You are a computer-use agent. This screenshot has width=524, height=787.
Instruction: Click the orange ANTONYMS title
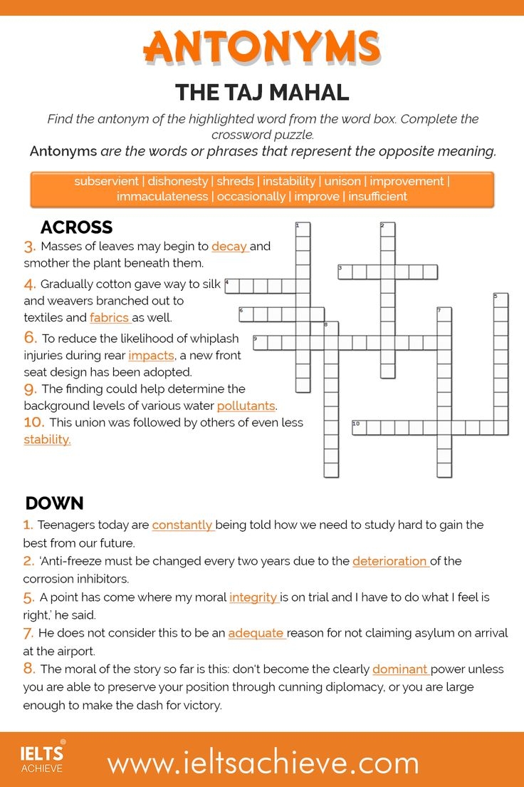click(262, 47)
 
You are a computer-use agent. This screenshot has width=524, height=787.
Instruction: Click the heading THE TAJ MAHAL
click(262, 92)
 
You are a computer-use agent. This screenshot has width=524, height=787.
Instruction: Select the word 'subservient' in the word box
click(107, 181)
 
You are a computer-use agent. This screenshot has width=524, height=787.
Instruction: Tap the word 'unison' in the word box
click(342, 181)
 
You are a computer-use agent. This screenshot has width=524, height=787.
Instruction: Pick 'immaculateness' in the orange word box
click(162, 196)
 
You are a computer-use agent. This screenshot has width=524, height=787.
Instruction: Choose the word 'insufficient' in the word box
click(377, 196)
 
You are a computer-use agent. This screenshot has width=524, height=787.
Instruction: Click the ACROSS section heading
click(76, 227)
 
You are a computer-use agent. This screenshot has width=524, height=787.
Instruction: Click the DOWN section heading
click(54, 503)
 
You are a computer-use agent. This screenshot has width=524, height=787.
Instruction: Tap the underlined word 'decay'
click(229, 247)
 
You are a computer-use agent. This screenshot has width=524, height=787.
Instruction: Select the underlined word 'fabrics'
click(110, 317)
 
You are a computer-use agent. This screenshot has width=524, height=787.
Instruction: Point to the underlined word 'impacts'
click(151, 355)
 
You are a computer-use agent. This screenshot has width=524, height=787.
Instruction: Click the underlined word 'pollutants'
click(246, 406)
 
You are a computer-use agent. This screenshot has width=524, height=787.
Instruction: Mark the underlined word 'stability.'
click(47, 439)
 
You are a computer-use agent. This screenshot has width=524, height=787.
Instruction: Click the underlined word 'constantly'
click(182, 525)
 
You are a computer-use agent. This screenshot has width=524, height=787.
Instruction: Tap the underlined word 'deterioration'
click(389, 561)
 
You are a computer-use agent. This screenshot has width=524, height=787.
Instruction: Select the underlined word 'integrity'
click(253, 597)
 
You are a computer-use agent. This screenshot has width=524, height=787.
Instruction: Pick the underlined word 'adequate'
click(256, 633)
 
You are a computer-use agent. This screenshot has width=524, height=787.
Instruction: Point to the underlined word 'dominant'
click(399, 669)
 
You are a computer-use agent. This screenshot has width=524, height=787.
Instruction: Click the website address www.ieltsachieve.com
click(263, 763)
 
